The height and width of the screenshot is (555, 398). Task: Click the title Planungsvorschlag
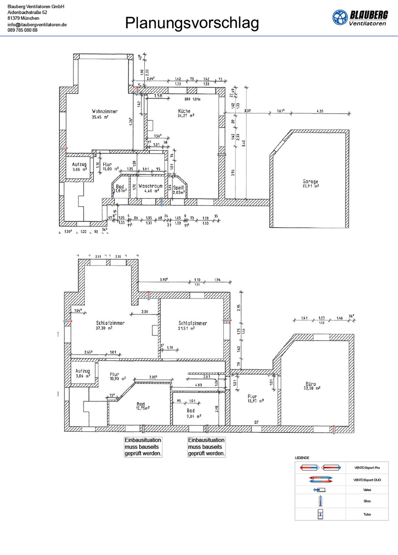[x=192, y=23]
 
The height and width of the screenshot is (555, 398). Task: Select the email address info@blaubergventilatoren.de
[x=37, y=24]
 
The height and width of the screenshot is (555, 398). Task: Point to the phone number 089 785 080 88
[x=23, y=30]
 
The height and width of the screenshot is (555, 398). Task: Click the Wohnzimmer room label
[x=105, y=111]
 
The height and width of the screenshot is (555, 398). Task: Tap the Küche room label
[x=184, y=111]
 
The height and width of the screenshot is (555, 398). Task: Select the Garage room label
[x=310, y=181]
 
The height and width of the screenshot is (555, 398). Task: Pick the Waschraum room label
[x=151, y=186]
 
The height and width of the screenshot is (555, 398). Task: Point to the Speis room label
[x=178, y=187]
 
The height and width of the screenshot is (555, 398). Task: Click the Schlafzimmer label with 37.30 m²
[x=110, y=323]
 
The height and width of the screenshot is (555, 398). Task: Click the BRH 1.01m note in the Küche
[x=193, y=99]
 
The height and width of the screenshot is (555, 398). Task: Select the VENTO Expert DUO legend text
[x=367, y=480]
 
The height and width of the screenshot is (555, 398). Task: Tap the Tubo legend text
[x=367, y=514]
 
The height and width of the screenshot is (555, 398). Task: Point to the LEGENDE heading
[x=302, y=457]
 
